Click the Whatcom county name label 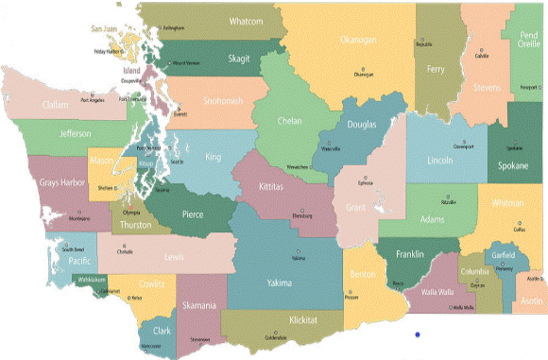[x=247, y=21]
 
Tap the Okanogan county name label [x=358, y=40]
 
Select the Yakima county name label [x=281, y=282]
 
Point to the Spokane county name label [x=514, y=164]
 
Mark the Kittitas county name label [x=277, y=188]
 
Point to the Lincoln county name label [x=440, y=162]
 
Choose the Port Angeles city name [x=93, y=100]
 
